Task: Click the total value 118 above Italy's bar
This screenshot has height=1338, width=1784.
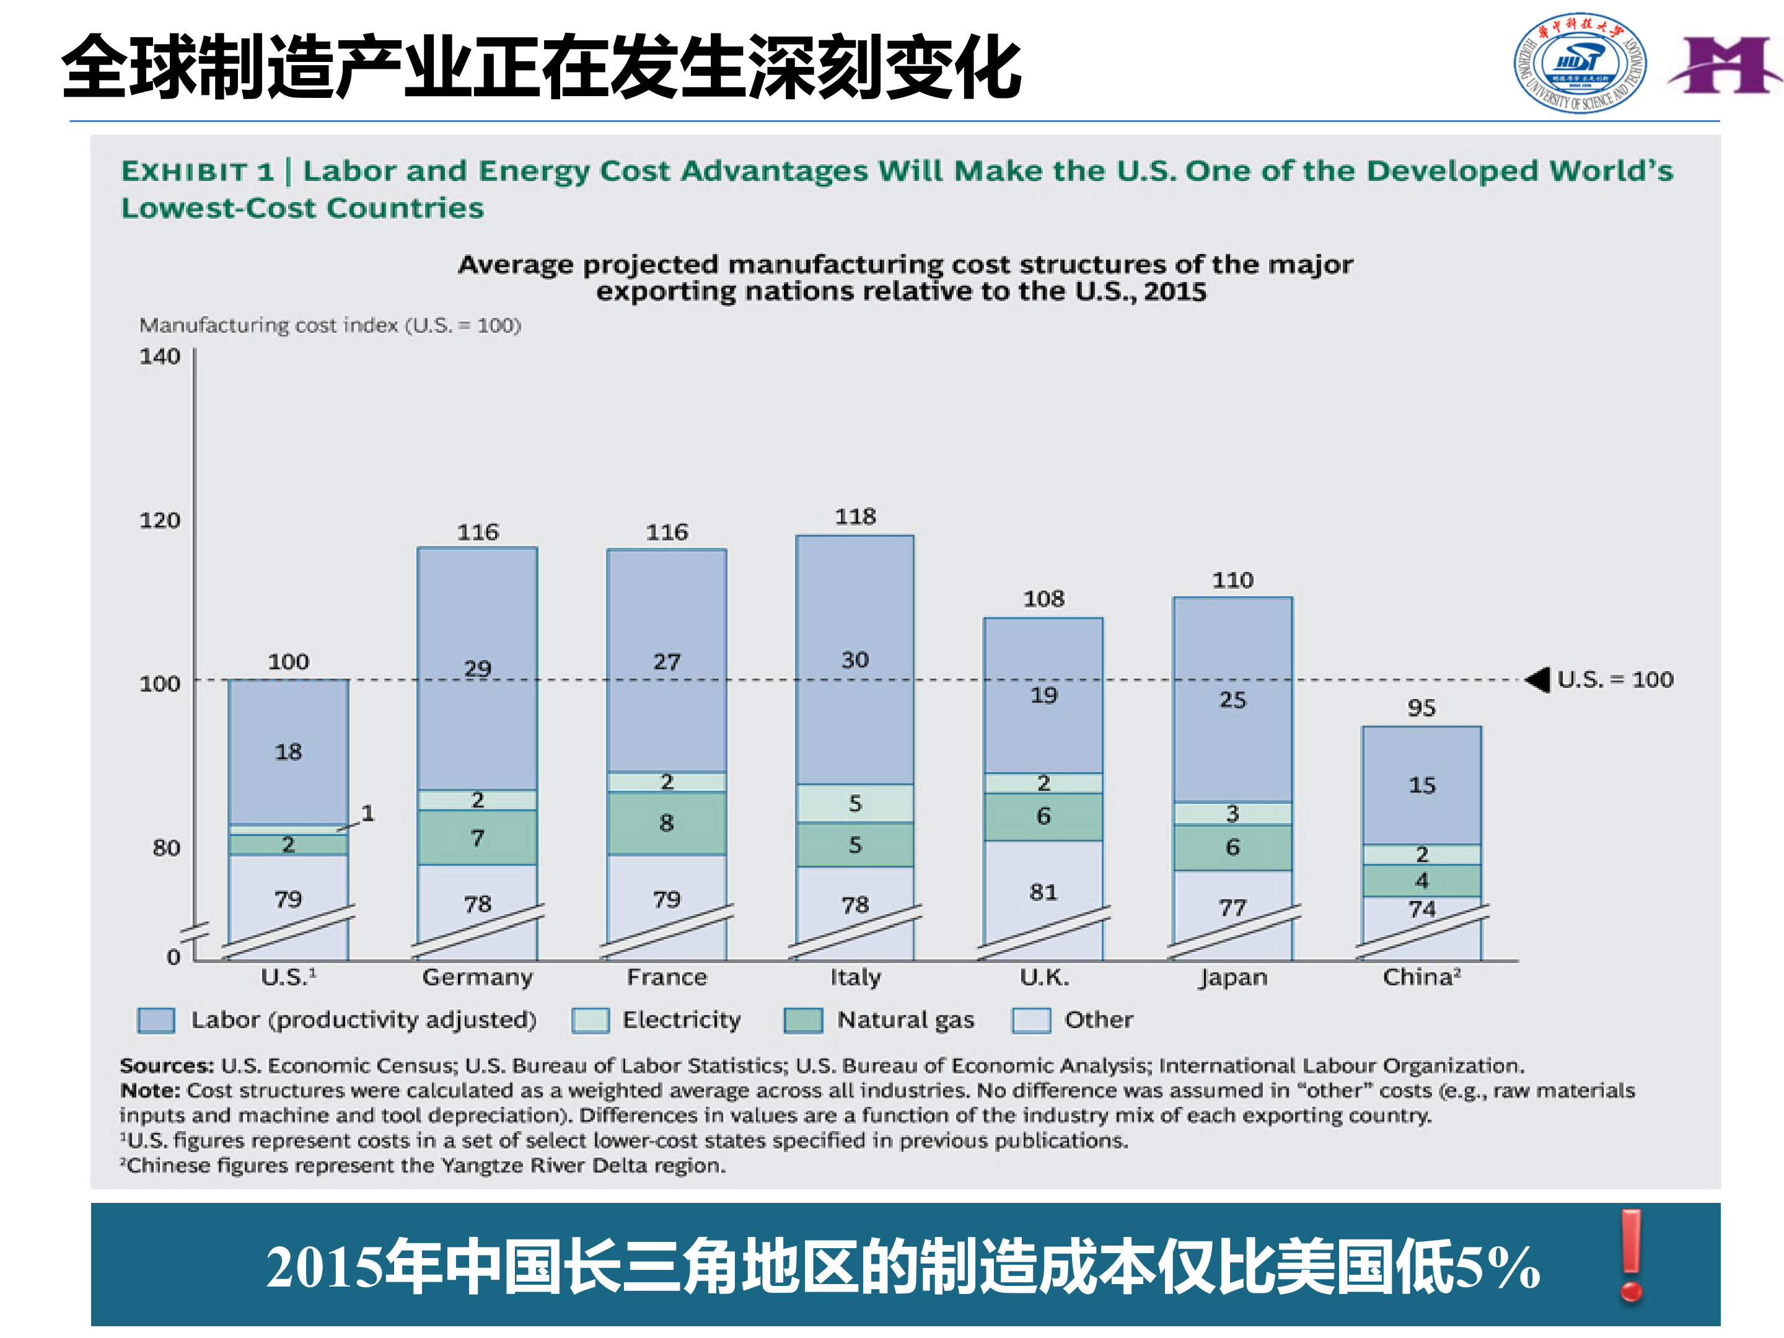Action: [x=855, y=516]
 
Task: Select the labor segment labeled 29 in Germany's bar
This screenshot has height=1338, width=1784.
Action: [x=478, y=668]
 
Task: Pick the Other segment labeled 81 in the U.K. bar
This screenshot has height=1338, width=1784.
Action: [x=1043, y=892]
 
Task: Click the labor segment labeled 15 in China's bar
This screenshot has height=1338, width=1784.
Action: [x=1422, y=785]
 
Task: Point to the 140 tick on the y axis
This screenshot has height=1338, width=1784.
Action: [x=160, y=356]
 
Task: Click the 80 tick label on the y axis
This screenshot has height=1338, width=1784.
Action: [x=166, y=848]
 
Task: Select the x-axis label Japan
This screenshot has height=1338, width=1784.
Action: [x=1233, y=977]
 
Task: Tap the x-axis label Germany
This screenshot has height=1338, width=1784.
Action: [x=478, y=977]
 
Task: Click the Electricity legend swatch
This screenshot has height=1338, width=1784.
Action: [x=589, y=1020]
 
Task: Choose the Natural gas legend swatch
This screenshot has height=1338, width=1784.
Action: [x=803, y=1020]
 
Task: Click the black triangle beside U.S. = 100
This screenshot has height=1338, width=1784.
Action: [x=1539, y=680]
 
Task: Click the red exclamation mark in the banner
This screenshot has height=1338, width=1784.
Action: [x=1631, y=1255]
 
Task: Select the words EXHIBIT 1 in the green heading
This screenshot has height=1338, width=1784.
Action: [x=198, y=171]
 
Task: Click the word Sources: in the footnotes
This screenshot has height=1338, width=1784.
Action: [x=166, y=1065]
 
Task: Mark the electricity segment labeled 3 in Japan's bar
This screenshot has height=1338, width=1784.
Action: [x=1233, y=813]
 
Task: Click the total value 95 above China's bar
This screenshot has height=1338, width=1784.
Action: [x=1422, y=708]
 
